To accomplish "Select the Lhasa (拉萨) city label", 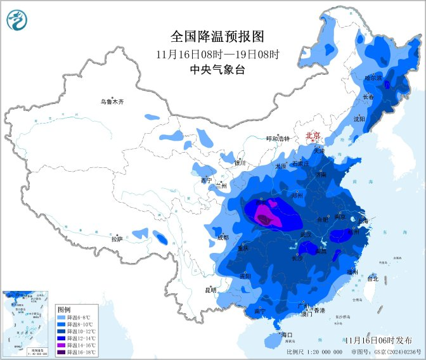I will [117, 239].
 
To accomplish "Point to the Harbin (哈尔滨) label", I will [373, 78].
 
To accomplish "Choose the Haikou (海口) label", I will [286, 334].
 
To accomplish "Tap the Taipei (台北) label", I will [372, 278].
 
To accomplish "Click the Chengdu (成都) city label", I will [223, 238].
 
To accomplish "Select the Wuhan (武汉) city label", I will [306, 235].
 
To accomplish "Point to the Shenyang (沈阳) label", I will [359, 118].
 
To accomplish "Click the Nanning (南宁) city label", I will [260, 311].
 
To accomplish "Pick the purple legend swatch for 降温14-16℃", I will [61, 342].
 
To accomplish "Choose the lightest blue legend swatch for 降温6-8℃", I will [61, 317].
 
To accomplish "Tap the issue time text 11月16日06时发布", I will [378, 340].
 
